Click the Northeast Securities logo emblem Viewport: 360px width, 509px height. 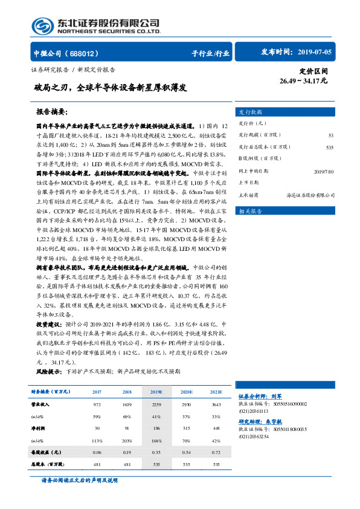pos(42,25)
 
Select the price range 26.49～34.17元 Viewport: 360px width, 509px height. pos(304,80)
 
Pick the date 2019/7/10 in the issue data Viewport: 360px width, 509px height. pos(324,171)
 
